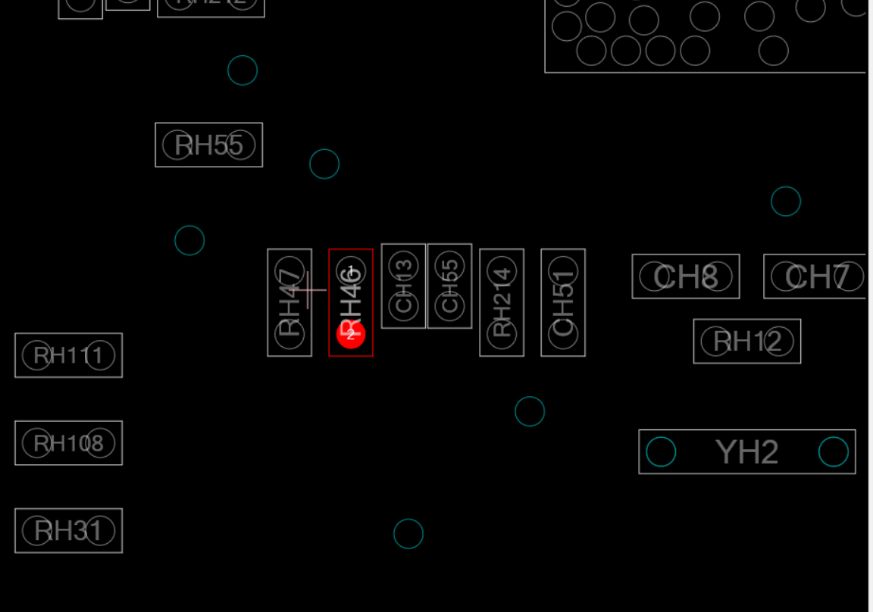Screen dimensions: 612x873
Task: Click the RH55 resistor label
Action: coord(208,145)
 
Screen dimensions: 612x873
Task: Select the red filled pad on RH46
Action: coord(351,334)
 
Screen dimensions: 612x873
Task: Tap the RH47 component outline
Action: coord(289,302)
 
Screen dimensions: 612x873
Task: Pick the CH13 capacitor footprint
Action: coord(403,286)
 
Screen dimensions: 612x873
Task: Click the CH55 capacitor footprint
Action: coord(449,286)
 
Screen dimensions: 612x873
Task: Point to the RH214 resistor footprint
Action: coord(502,302)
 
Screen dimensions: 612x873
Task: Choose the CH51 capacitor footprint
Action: coord(563,302)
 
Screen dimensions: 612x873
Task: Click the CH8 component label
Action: coord(685,276)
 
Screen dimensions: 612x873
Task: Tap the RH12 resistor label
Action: coord(746,342)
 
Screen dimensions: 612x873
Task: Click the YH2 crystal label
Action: coord(746,452)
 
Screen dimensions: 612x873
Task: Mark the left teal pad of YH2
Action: coord(661,452)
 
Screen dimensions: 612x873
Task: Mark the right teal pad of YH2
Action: coord(834,452)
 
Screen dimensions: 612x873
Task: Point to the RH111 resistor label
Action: coord(68,355)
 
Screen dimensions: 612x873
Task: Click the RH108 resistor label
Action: coord(68,443)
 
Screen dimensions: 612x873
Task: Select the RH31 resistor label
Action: coord(68,531)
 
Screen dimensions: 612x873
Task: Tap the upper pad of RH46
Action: coord(351,271)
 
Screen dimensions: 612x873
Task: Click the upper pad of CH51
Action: coord(563,271)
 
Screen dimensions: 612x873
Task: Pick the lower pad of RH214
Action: coord(502,334)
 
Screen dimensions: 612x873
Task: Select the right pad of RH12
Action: coord(778,342)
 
